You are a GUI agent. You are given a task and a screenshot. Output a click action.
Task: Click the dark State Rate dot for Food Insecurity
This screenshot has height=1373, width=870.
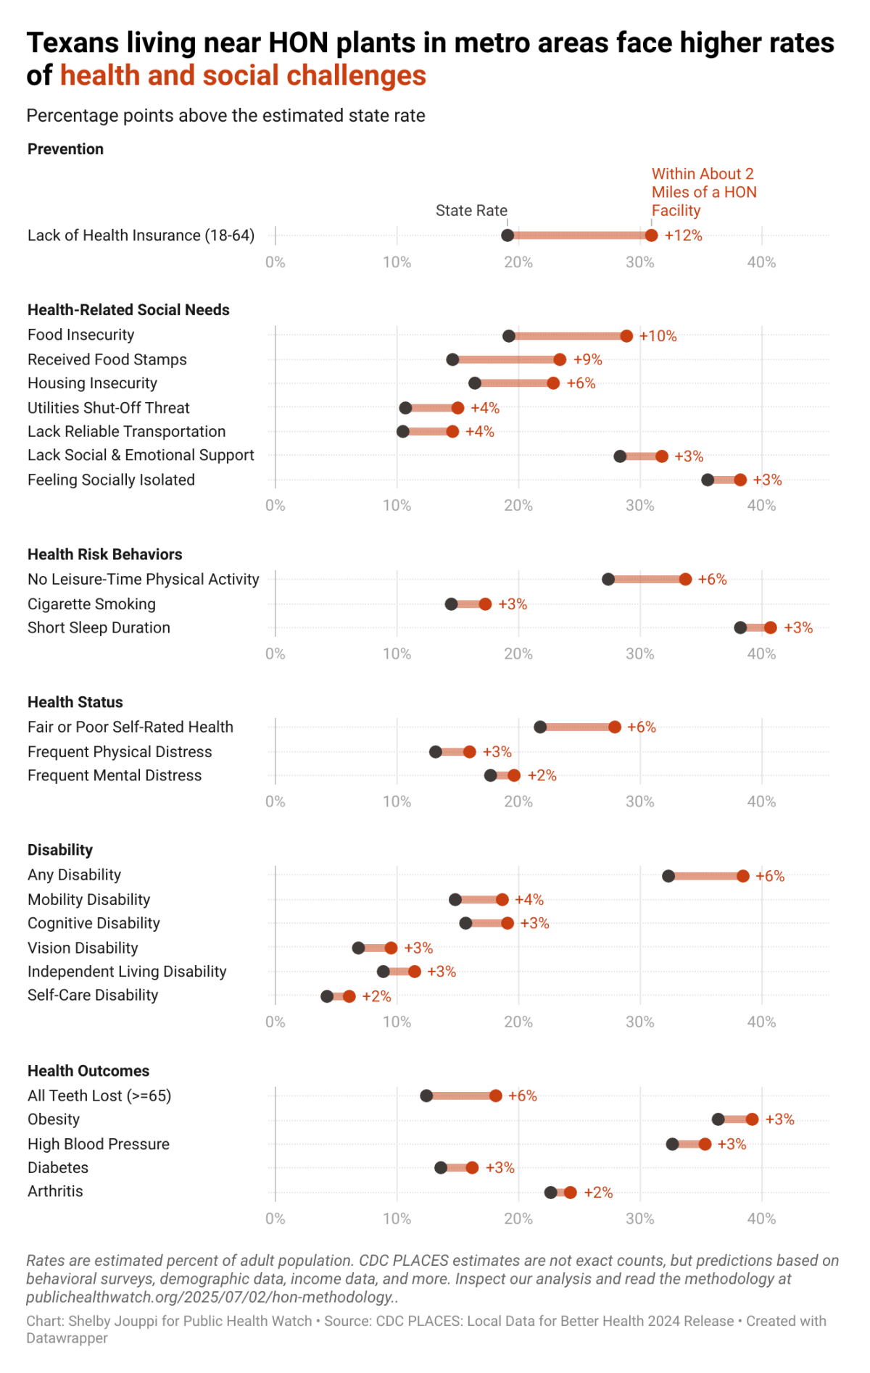[x=509, y=335]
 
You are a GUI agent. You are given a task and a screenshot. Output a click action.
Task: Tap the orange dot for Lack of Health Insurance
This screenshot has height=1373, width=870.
[x=652, y=235]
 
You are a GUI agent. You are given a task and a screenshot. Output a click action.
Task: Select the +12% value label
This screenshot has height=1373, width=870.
[x=684, y=235]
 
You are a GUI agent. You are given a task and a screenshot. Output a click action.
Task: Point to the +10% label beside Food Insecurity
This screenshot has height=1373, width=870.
[x=658, y=336]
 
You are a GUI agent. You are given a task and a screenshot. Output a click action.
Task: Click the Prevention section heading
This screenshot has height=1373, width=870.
[x=65, y=149]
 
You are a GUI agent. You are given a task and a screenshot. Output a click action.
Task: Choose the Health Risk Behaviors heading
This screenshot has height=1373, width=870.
[x=105, y=554]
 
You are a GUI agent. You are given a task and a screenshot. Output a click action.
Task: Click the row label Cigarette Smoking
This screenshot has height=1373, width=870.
[x=91, y=604]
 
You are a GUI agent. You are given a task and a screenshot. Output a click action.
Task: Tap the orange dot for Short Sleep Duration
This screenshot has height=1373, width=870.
[x=770, y=627]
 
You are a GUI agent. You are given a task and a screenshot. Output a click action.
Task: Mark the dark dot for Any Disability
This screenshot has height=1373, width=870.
[x=668, y=876]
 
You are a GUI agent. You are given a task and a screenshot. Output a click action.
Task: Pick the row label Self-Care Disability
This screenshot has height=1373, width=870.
[x=93, y=995]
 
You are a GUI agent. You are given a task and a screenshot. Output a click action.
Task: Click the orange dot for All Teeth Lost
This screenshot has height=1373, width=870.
[x=496, y=1096]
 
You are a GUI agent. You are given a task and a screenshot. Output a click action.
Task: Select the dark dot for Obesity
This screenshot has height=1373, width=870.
[x=718, y=1119]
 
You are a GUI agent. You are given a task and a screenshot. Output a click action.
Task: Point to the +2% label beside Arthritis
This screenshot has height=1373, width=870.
[x=598, y=1193]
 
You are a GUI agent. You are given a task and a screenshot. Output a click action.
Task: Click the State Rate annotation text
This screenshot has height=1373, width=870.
[x=471, y=211]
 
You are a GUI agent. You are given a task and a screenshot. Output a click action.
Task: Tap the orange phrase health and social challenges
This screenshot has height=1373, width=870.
[x=243, y=75]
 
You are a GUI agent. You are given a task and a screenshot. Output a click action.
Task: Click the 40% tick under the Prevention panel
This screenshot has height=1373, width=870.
[x=762, y=262]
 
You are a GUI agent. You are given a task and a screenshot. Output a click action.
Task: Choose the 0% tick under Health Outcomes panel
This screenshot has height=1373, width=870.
[x=275, y=1219]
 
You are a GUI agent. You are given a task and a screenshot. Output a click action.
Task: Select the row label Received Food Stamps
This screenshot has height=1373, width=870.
[x=107, y=359]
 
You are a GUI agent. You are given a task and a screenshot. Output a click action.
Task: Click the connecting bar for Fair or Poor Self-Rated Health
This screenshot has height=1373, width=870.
[x=577, y=727]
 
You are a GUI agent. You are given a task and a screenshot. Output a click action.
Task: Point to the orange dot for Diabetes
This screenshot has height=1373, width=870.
[x=472, y=1167]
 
